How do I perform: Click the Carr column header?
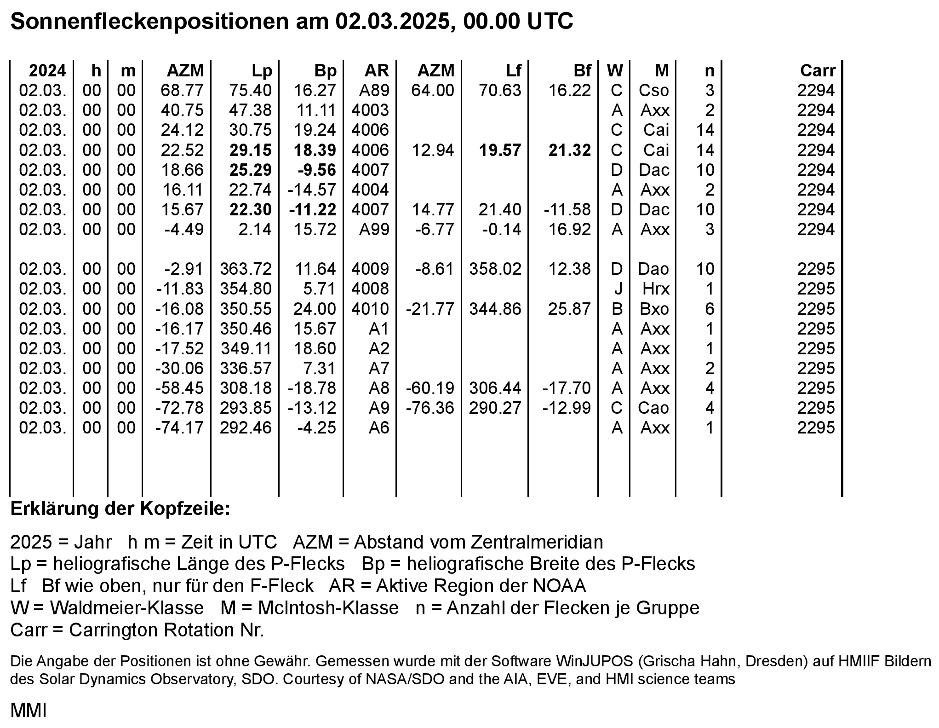tap(817, 70)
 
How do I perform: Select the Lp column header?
tap(262, 70)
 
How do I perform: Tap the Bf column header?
tap(582, 70)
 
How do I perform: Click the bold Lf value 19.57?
tap(500, 150)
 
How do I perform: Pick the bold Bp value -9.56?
tap(317, 170)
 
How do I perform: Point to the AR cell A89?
tap(374, 90)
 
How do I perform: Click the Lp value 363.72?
tap(246, 269)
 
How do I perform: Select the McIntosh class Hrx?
tap(656, 289)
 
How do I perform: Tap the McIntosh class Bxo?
tap(654, 309)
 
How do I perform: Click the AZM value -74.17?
tap(179, 428)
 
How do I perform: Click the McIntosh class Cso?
tap(653, 90)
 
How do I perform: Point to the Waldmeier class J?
tap(618, 289)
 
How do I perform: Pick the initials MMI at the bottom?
tap(29, 711)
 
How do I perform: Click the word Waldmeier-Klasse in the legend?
tap(126, 608)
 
